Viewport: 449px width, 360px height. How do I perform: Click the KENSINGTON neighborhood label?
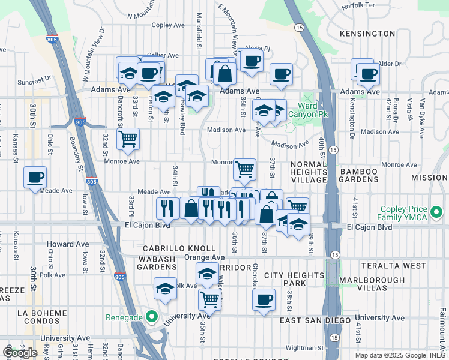[367, 34]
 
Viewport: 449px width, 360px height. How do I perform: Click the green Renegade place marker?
[152, 316]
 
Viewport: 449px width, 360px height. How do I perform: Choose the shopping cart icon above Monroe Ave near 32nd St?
[128, 139]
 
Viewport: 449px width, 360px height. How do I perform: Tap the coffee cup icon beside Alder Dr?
[368, 74]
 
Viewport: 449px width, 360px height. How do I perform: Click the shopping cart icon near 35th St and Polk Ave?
[209, 298]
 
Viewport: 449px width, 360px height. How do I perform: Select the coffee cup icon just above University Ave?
[263, 299]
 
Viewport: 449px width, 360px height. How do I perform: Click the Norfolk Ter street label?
[357, 7]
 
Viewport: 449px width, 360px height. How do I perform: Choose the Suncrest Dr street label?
[35, 80]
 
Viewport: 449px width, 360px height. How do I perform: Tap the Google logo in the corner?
[20, 353]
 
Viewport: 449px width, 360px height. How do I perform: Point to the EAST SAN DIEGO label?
[315, 320]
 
